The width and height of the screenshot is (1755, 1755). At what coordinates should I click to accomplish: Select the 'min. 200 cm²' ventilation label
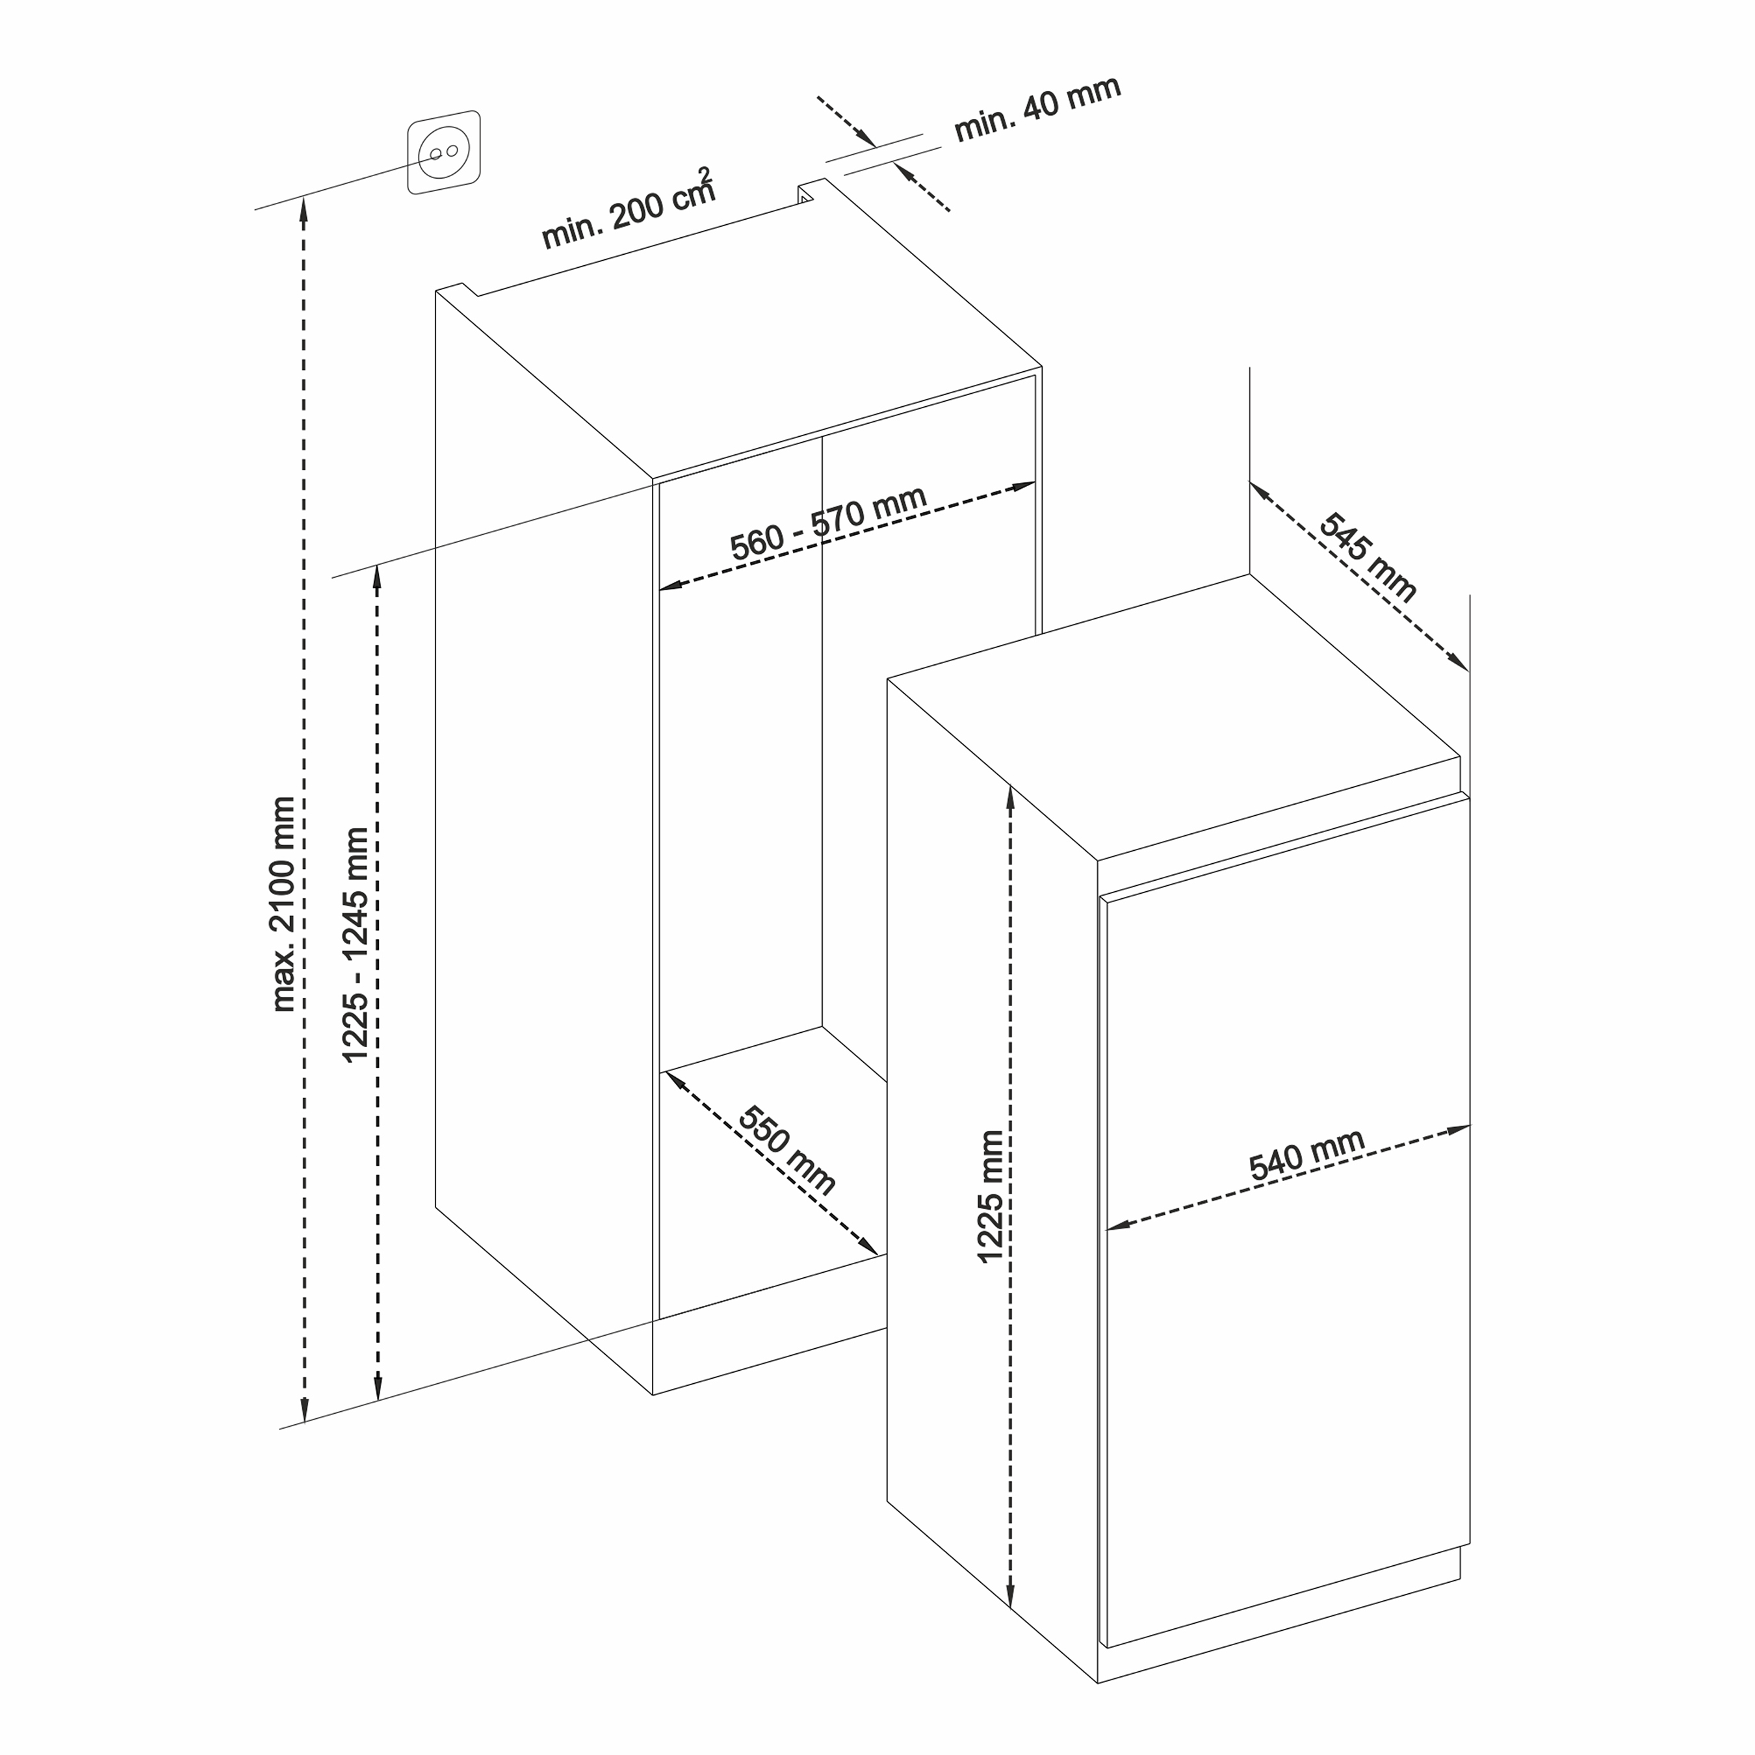coord(629,209)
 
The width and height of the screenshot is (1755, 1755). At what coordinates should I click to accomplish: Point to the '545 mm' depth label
coord(1367,558)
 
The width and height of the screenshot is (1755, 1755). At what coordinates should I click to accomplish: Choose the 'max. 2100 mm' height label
coord(284,905)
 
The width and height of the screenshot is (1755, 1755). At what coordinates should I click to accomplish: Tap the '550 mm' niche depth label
coord(786,1150)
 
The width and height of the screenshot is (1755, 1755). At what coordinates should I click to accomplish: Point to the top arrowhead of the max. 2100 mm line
coord(304,211)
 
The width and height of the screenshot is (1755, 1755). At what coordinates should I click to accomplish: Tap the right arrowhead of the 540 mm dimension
coord(1459,1130)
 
